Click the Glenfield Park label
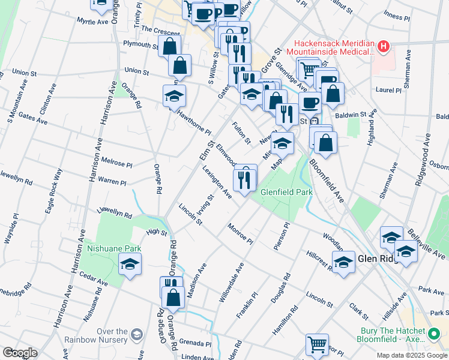pyautogui.click(x=286, y=192)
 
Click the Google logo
pyautogui.click(x=19, y=353)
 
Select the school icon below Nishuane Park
pyautogui.click(x=130, y=263)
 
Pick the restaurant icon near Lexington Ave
pyautogui.click(x=244, y=179)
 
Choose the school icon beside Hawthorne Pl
pyautogui.click(x=174, y=96)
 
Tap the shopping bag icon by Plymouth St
pyautogui.click(x=170, y=46)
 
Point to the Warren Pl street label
pyautogui.click(x=112, y=181)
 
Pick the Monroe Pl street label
pyautogui.click(x=240, y=233)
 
